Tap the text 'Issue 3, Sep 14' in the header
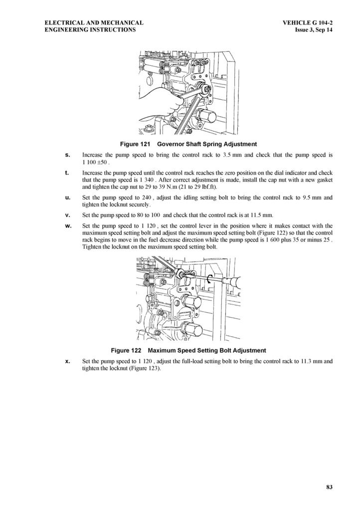coord(314,29)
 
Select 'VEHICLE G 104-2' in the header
coord(307,22)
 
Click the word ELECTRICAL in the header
coord(62,22)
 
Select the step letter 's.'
coord(68,155)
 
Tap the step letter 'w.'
coord(68,226)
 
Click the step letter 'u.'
coord(68,198)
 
